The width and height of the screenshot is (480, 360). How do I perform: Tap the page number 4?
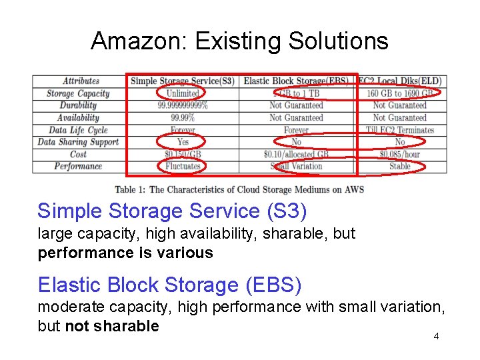click(x=436, y=336)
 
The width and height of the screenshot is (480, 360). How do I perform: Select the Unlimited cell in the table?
click(x=183, y=93)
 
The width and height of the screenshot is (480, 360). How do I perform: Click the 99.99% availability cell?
click(x=183, y=118)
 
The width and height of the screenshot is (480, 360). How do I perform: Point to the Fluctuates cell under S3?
click(x=183, y=166)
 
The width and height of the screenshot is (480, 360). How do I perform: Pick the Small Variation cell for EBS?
click(x=296, y=166)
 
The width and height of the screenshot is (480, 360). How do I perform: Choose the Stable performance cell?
click(x=400, y=166)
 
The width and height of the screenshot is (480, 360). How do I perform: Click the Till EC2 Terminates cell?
click(x=400, y=130)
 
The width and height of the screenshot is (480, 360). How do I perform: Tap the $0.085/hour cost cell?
click(x=400, y=154)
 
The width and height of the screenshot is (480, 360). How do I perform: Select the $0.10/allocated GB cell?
click(x=296, y=154)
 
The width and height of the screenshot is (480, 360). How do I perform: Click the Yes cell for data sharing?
click(x=183, y=142)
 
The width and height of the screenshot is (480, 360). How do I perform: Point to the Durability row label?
click(x=78, y=105)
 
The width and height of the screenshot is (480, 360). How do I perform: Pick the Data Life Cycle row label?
click(x=78, y=130)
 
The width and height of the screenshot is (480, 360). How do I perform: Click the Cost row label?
click(x=78, y=154)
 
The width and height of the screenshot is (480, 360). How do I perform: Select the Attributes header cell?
click(x=81, y=81)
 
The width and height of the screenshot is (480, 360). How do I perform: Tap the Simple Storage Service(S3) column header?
click(x=183, y=81)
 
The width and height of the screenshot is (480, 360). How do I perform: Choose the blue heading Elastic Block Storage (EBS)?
click(x=169, y=285)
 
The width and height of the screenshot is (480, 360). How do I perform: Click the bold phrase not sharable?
click(x=112, y=326)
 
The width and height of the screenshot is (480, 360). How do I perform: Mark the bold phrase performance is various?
click(x=125, y=253)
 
